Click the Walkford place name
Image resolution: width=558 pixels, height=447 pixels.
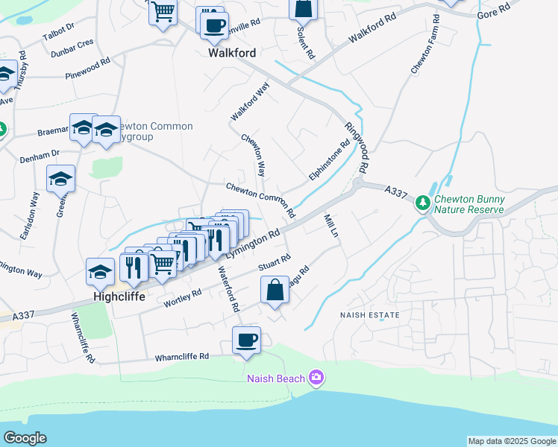point(232,53)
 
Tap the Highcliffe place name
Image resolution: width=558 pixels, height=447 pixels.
point(118,296)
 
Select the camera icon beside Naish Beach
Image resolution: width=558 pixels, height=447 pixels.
point(316,378)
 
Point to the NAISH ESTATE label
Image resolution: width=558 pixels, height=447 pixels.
point(369,315)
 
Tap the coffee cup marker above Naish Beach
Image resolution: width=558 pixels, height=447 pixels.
point(246,340)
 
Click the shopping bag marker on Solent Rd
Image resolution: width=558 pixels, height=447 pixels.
point(303,9)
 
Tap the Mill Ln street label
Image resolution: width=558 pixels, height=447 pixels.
point(331,226)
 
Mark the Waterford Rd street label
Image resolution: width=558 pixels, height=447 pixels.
point(228,290)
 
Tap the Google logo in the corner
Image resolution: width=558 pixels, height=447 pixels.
point(25,437)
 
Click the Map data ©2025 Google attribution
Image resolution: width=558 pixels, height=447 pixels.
point(511,441)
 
